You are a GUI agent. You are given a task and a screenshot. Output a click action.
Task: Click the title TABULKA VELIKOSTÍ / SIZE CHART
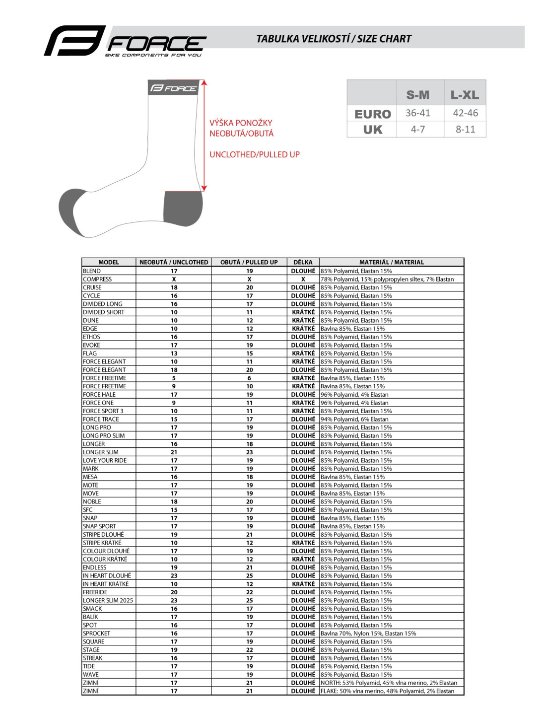point(334,39)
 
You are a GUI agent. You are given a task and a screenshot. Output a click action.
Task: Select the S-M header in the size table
point(418,95)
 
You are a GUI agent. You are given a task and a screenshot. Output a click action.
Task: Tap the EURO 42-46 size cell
point(465,113)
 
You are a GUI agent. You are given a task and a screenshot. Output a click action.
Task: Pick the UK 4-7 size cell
point(418,129)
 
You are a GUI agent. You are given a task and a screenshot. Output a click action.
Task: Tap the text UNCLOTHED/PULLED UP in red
point(254,154)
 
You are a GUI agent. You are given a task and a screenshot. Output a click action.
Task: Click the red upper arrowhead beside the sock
point(204,83)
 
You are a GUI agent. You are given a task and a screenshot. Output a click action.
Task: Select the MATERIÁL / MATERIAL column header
point(391,262)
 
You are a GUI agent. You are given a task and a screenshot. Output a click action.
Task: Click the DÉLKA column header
point(303,262)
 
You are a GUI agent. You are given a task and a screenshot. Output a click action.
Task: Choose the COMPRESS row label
point(97,279)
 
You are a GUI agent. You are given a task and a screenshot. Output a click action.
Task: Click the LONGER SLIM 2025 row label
point(108,600)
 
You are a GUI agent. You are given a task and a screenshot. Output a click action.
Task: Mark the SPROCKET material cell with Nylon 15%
point(368,633)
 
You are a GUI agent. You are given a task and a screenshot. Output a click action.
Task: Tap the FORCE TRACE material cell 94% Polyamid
point(354,419)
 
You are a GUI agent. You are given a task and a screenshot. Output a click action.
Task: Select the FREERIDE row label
point(95,592)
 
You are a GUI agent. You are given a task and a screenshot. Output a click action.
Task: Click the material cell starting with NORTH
point(389,683)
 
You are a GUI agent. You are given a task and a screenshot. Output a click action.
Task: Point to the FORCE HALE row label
point(99,395)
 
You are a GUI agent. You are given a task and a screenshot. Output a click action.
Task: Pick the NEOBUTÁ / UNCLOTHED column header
point(174,262)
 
